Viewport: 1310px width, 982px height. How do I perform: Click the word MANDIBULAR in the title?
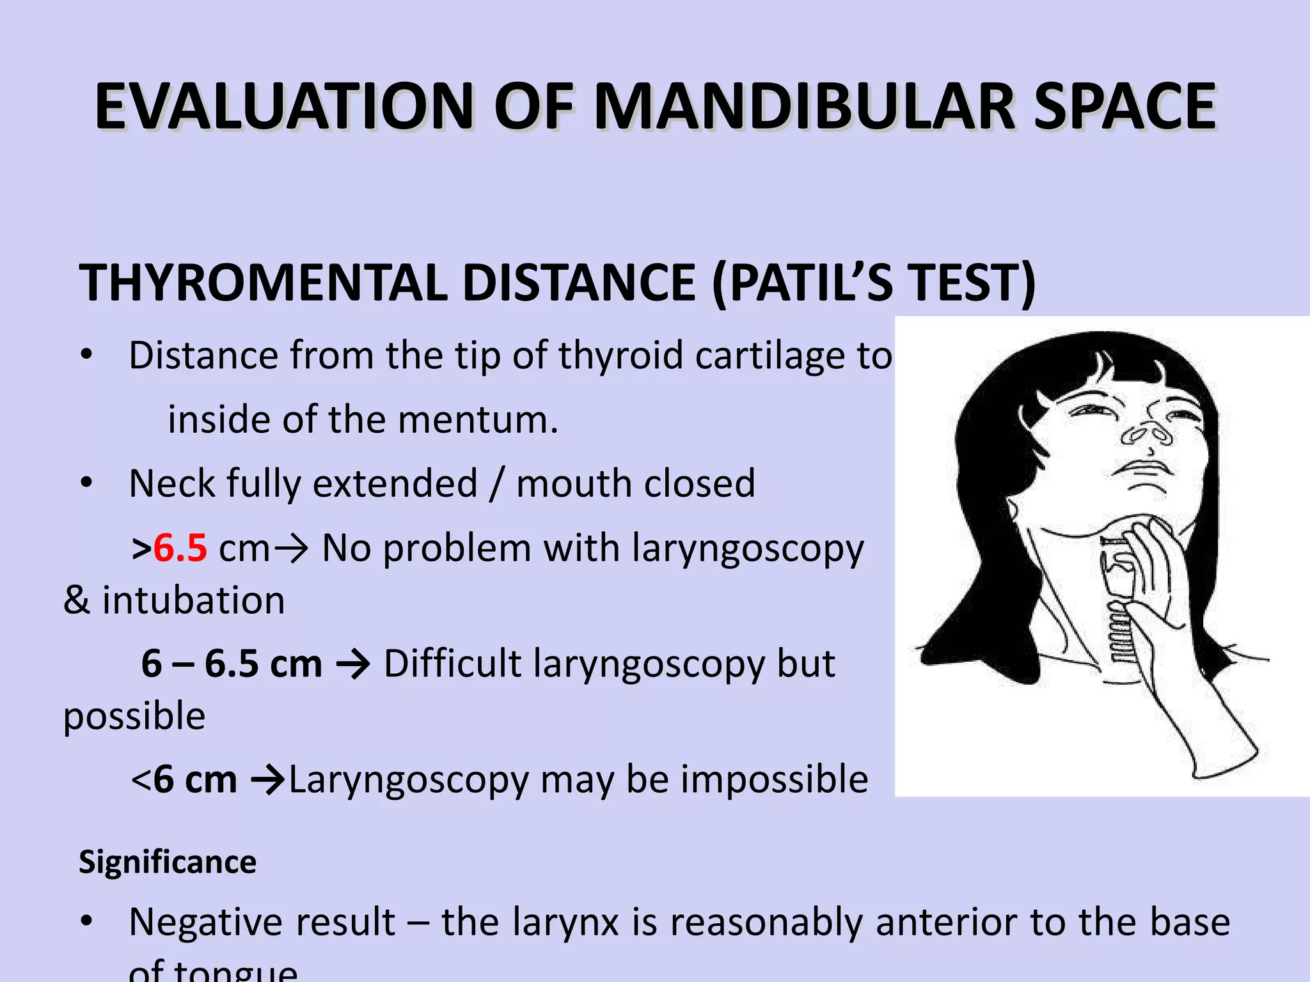804,107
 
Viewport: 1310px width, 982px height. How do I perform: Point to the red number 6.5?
180,548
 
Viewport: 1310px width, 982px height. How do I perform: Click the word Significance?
168,862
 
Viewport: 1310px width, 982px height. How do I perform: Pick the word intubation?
194,600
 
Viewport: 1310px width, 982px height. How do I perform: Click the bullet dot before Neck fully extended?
87,483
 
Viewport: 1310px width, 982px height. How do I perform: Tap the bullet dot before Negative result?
87,922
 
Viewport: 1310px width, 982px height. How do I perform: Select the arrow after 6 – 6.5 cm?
352,664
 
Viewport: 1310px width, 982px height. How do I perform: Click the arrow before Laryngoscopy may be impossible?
267,780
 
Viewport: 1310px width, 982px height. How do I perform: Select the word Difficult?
452,664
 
